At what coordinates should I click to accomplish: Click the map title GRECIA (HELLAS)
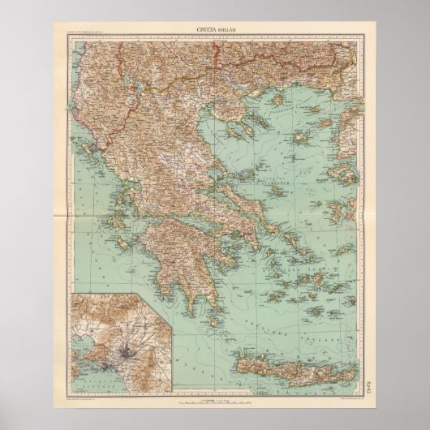click(217, 31)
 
